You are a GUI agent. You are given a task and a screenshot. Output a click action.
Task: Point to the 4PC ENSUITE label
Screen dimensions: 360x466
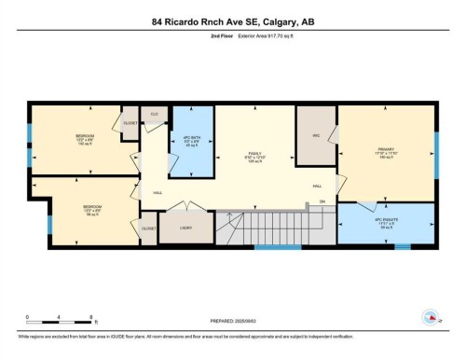point(384,220)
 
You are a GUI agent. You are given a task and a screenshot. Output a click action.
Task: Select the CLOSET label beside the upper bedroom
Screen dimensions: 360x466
point(130,122)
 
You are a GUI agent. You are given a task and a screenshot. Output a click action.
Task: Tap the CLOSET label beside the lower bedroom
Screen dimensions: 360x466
point(149,228)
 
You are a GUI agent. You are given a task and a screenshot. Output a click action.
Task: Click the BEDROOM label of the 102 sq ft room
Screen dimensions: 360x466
point(85,137)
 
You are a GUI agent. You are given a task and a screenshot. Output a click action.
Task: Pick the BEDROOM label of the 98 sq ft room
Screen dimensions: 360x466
point(91,207)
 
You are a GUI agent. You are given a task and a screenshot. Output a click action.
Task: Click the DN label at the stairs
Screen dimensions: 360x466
point(322,201)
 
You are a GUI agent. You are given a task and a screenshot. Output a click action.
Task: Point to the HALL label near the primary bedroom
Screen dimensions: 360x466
point(316,185)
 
